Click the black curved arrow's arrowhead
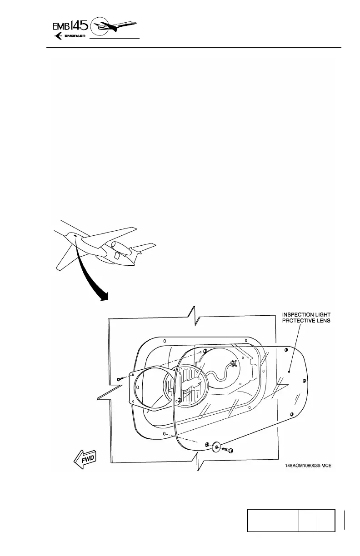pos(104,296)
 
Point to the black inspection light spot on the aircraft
pos(75,236)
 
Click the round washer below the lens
pos(216,447)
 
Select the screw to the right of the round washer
pos(229,450)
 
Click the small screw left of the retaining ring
pos(119,378)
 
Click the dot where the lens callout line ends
pos(290,371)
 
